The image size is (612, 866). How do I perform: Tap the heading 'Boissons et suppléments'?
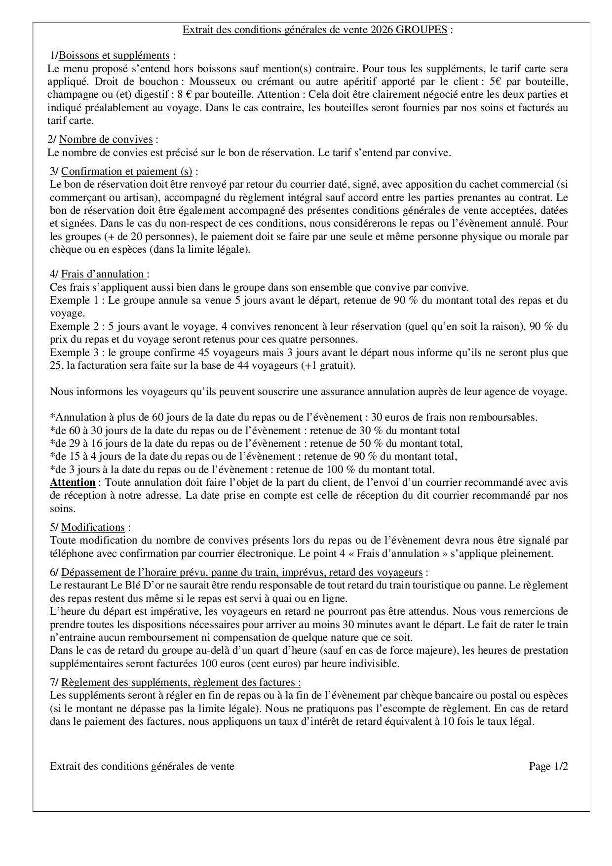[x=114, y=55]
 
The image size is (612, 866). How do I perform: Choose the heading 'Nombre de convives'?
[x=106, y=140]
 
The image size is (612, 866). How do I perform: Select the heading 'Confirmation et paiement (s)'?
[x=127, y=171]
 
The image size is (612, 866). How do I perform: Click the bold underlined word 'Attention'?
[x=73, y=482]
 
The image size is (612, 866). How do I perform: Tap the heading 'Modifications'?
[x=93, y=527]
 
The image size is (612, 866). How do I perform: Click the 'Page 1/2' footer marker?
[x=548, y=766]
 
